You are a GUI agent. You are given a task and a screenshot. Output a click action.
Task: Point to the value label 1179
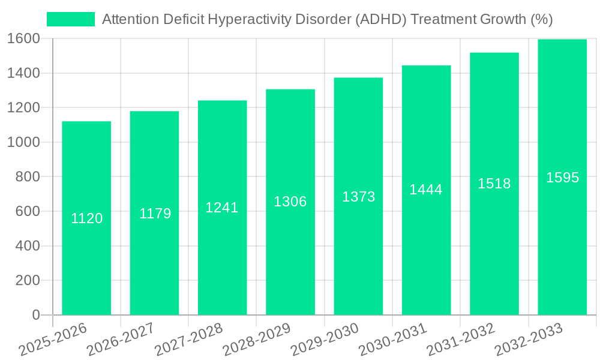coord(155,214)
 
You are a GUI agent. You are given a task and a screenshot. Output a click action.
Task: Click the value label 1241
coord(222,208)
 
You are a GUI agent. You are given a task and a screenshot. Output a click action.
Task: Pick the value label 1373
coord(358,197)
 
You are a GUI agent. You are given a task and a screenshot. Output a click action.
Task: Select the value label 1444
coord(426,190)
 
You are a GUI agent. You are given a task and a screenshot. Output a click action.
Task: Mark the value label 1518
coord(494,184)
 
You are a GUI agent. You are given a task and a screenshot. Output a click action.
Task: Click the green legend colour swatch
coord(71,19)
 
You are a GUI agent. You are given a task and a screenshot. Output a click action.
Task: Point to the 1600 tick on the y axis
coord(24,39)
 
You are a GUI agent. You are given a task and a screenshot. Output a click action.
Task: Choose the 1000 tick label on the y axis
coord(24,143)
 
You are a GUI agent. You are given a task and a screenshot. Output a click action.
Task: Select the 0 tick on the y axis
coord(36,315)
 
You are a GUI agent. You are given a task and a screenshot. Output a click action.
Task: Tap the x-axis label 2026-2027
coord(121,340)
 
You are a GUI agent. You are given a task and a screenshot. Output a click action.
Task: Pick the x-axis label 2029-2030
coord(325,340)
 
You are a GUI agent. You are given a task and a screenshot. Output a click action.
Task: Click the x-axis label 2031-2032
coord(460,340)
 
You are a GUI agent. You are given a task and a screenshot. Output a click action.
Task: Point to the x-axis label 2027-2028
coord(188,340)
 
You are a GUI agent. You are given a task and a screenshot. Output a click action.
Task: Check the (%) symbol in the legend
coord(542,19)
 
